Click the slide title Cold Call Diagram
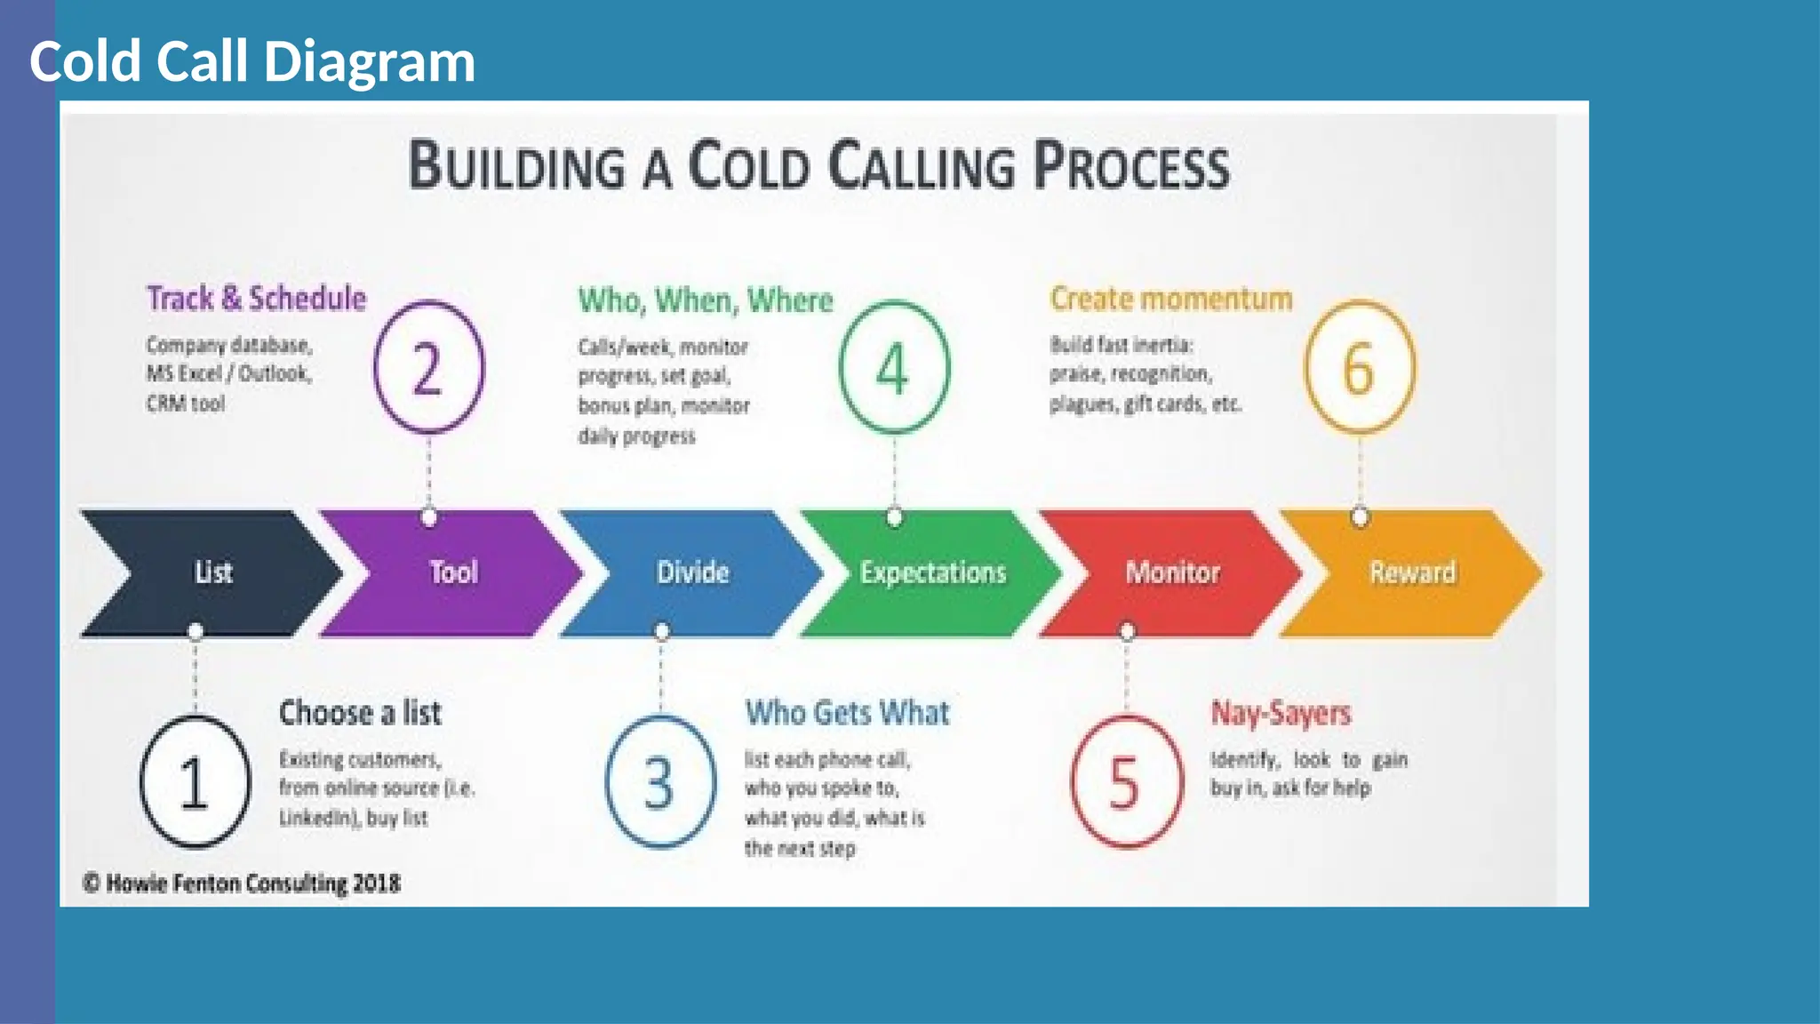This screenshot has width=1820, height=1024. (252, 61)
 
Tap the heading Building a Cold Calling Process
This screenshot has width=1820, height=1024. (818, 166)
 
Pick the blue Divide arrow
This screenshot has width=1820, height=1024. (692, 572)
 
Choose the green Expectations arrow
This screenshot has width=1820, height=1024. (932, 572)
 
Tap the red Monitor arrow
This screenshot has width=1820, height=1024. (1172, 572)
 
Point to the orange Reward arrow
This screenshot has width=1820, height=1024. (1412, 572)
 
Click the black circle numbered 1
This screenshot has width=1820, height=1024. (195, 782)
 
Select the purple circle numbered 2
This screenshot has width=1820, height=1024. (428, 367)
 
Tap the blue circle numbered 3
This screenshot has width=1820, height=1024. (660, 782)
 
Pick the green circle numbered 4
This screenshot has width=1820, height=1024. (894, 367)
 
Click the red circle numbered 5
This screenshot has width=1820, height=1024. (1126, 782)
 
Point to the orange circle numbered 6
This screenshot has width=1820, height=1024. (1359, 367)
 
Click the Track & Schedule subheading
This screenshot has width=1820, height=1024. (256, 299)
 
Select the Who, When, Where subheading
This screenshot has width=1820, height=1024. (706, 300)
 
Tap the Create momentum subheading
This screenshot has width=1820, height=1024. (1171, 299)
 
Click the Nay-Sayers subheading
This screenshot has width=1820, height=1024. (1281, 713)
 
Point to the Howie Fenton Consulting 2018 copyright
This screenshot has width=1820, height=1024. (242, 884)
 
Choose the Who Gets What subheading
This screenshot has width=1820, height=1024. (847, 713)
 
